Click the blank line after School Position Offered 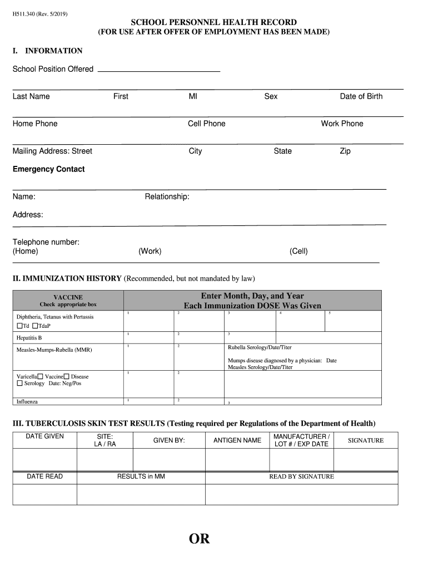159,70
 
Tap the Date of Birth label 361,96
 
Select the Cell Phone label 206,124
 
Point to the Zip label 345,151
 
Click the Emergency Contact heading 49,169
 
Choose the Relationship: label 167,196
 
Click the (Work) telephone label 150,251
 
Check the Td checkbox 20,326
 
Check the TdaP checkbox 36,326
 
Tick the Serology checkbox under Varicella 20,384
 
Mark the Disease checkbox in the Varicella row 67,377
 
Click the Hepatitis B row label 29,338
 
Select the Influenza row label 27,401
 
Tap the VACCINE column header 68,297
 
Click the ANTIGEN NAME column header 237,440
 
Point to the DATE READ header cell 44,476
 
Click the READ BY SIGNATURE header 301,476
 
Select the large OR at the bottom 199,539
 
